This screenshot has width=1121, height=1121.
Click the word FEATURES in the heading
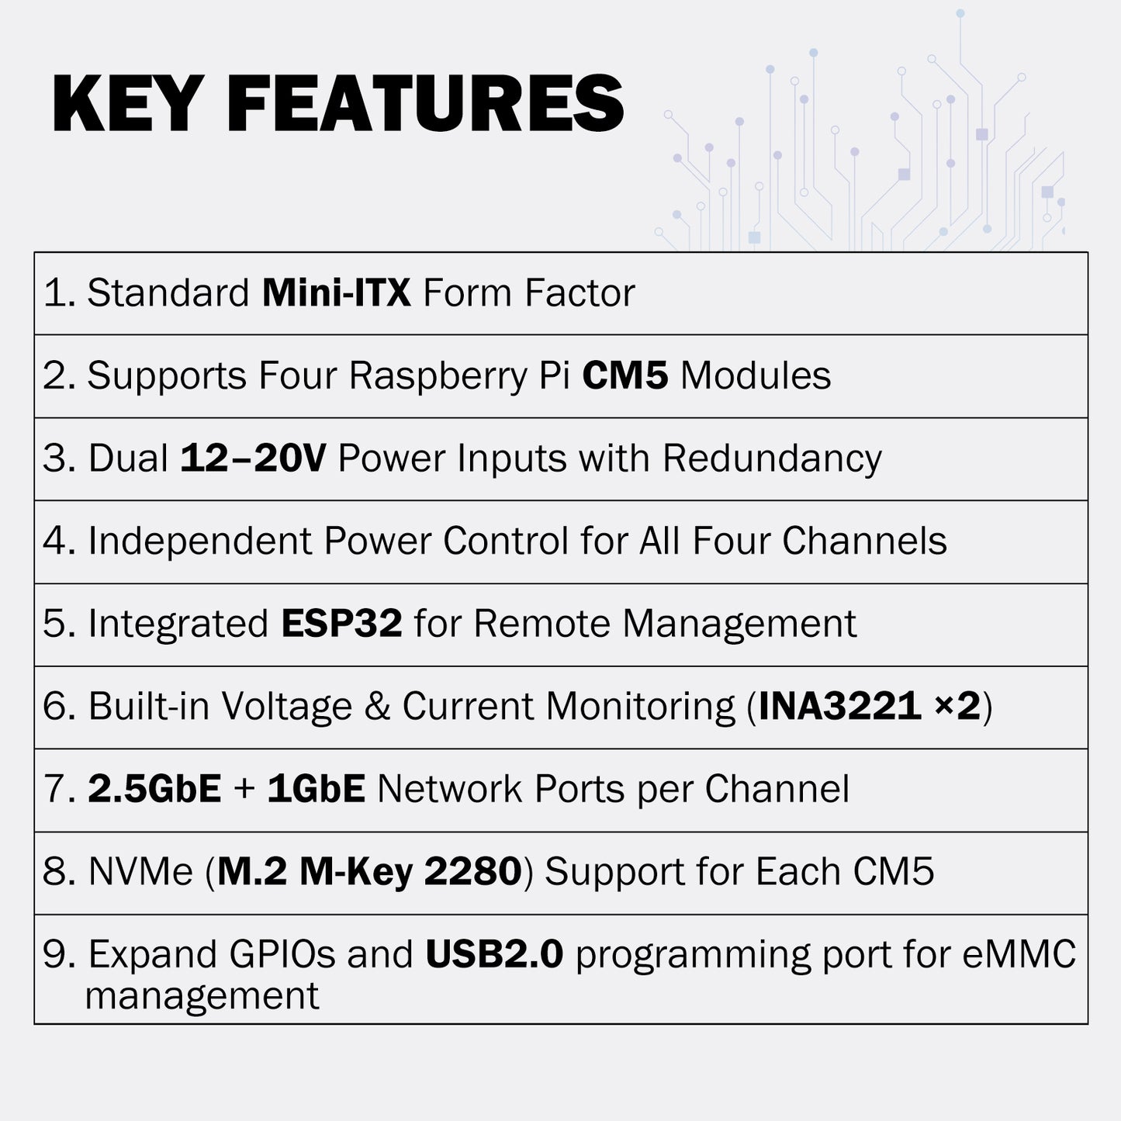[425, 104]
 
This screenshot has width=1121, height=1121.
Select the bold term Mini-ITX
[336, 293]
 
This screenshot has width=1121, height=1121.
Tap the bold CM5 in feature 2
[625, 376]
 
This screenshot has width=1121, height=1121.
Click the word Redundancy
[772, 458]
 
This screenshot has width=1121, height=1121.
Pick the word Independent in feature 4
[199, 541]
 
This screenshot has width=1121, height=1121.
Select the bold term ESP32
[341, 624]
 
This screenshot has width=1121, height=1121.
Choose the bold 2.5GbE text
[154, 789]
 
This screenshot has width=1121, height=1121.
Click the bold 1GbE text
[316, 789]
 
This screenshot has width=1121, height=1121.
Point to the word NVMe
[140, 872]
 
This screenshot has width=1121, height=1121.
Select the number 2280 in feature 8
[472, 872]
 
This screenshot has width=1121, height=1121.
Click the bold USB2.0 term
[493, 954]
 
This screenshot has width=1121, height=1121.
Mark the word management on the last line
[202, 996]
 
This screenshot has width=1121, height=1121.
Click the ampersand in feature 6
[377, 707]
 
